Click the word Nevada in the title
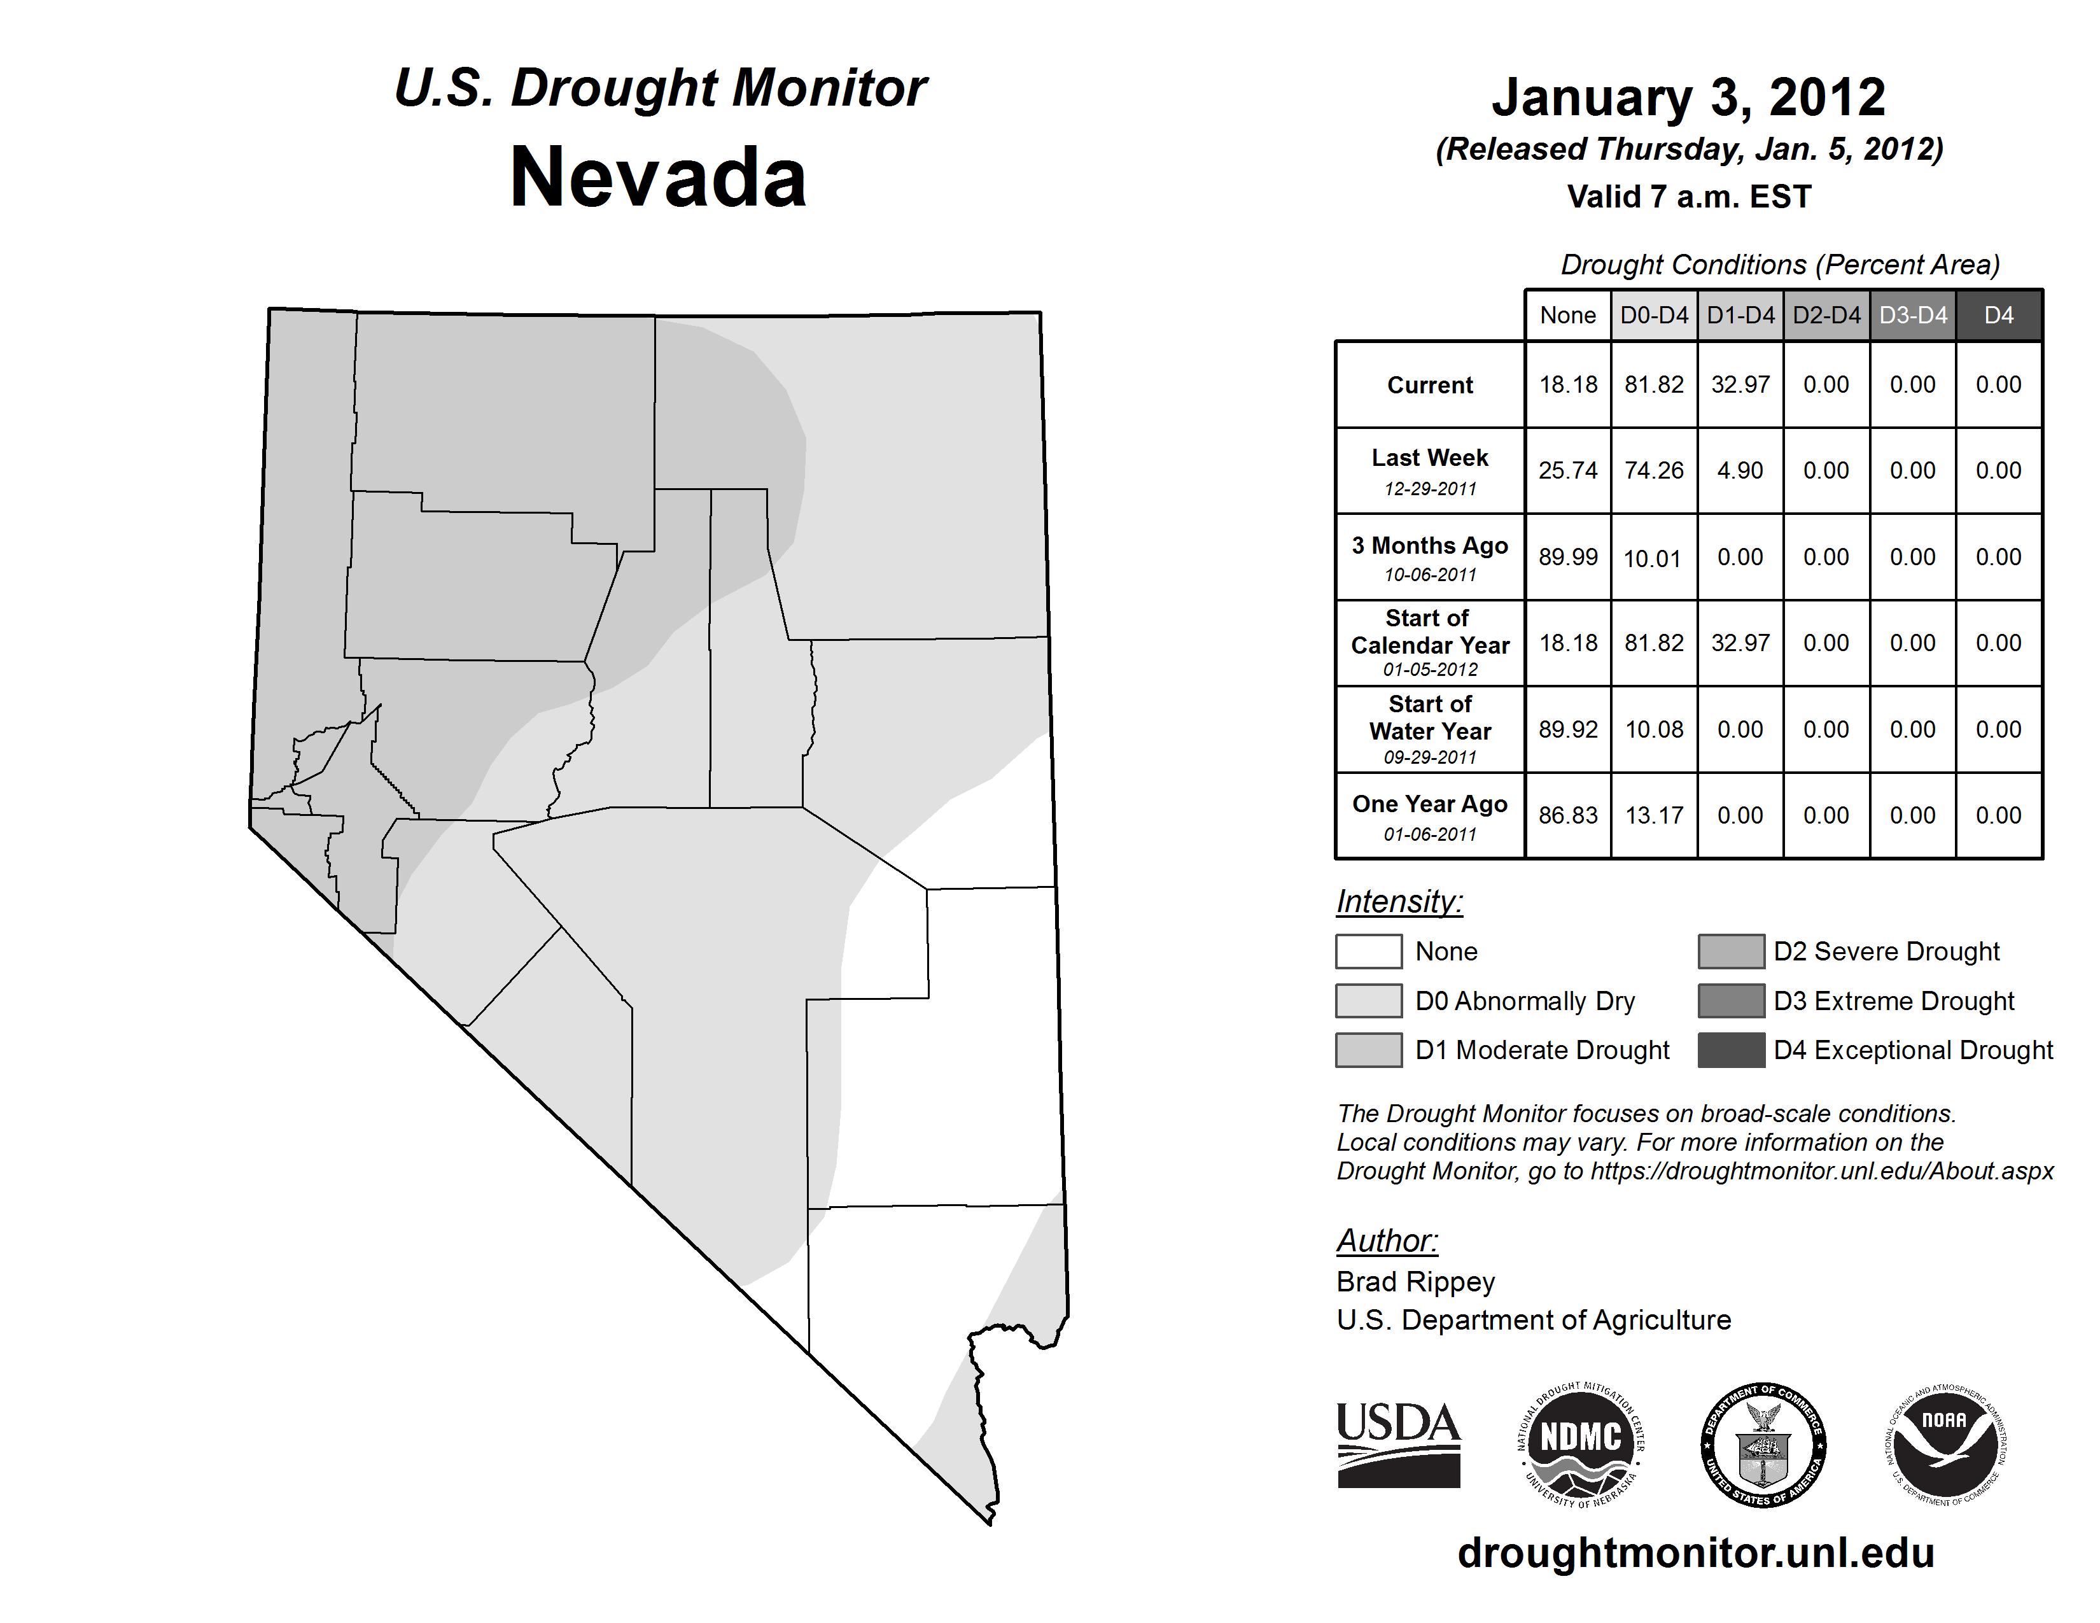tap(659, 178)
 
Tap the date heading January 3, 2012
tap(1688, 98)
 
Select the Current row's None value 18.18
tap(1567, 384)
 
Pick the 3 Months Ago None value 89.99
tap(1567, 557)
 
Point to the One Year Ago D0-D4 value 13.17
tap(1654, 815)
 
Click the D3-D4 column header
tap(1912, 315)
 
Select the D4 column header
tap(1998, 315)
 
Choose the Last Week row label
tap(1430, 470)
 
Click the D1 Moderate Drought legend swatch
tap(1368, 1050)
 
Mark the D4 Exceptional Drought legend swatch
tap(1731, 1050)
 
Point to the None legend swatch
tap(1368, 951)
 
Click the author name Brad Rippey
tap(1415, 1282)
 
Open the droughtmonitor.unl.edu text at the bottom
tap(1696, 1553)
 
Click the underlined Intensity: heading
tap(1399, 902)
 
